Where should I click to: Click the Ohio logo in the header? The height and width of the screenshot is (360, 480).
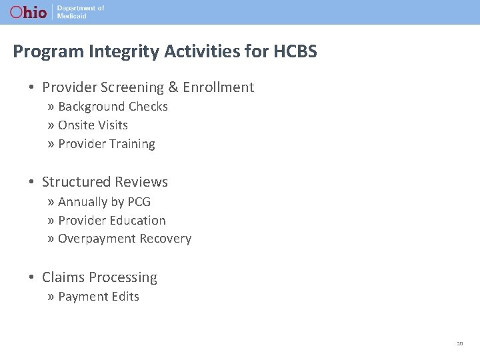(28, 12)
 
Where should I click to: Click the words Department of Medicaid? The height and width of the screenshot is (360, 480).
(81, 12)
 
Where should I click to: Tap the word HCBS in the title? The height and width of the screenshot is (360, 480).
(295, 51)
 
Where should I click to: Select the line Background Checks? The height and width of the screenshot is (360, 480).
(113, 107)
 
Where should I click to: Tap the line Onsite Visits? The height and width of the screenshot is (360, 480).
(93, 125)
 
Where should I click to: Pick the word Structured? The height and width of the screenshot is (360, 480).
(76, 182)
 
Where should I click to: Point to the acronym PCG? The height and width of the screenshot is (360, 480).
(138, 202)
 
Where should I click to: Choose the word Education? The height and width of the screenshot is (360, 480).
(138, 221)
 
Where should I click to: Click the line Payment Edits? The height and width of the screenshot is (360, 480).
(99, 297)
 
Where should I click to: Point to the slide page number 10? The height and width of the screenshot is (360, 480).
(460, 343)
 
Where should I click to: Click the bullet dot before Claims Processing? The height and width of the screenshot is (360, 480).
(32, 277)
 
